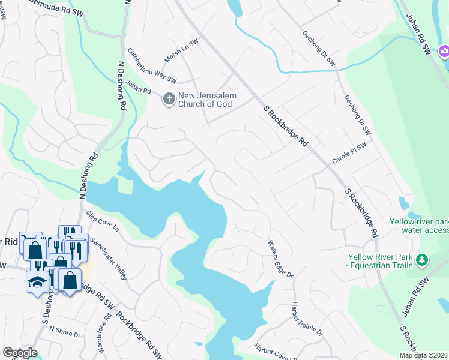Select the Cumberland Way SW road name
(x=151, y=67)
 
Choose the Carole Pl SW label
(x=349, y=154)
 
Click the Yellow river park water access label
(x=419, y=225)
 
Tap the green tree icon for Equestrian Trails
(x=423, y=259)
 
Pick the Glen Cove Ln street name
(x=103, y=222)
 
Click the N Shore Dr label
(x=65, y=329)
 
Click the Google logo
(x=20, y=352)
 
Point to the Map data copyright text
(x=423, y=355)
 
